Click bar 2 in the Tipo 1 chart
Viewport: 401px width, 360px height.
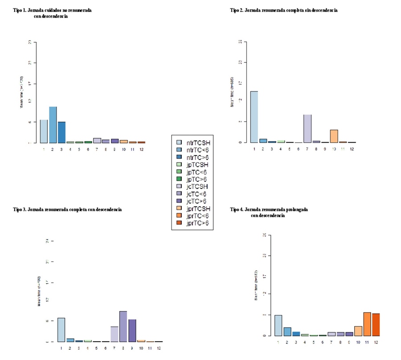(x=53, y=125)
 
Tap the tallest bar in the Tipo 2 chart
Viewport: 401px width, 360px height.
(x=254, y=117)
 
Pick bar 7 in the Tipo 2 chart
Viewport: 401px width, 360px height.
(x=307, y=129)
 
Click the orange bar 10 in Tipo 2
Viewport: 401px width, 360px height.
(x=334, y=136)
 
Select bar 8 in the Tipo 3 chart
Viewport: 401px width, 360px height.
(x=123, y=327)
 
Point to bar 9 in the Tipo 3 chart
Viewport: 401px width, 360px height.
(x=132, y=331)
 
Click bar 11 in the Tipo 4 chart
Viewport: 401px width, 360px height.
(x=367, y=324)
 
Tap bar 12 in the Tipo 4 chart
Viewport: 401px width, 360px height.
(x=376, y=325)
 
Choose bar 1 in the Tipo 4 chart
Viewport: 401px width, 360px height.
(x=278, y=325)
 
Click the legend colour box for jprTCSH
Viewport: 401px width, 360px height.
(x=179, y=209)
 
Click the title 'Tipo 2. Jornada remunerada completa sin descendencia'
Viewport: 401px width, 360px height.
(x=283, y=10)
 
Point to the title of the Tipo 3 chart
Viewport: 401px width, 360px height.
(x=67, y=209)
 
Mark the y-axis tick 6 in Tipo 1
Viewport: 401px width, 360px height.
(x=30, y=122)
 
